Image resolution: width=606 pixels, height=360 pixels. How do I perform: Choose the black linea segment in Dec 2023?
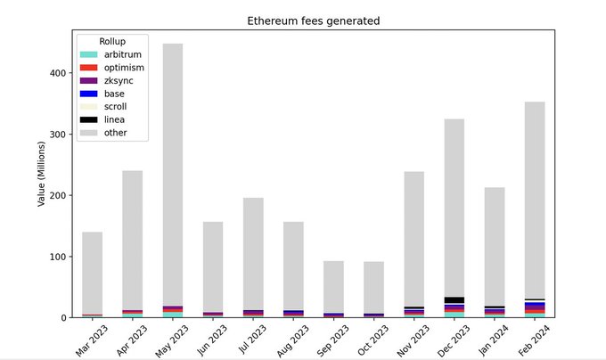click(x=454, y=300)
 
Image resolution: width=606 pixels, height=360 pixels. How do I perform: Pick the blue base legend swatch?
click(x=88, y=94)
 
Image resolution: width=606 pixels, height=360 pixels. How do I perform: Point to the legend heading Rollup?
click(x=112, y=42)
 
